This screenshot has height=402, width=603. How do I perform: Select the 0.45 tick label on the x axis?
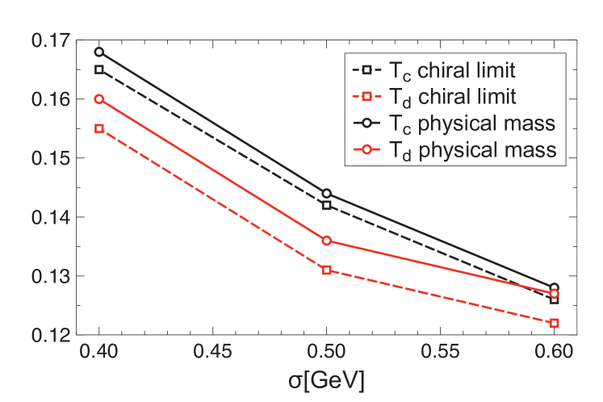(x=212, y=353)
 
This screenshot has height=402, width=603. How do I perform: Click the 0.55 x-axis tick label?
(x=439, y=353)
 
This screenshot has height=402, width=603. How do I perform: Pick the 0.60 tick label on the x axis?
(x=553, y=353)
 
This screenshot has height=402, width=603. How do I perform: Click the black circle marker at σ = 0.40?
(x=99, y=52)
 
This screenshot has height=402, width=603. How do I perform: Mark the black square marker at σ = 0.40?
(x=99, y=69)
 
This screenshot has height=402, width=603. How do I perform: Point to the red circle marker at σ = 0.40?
(x=99, y=99)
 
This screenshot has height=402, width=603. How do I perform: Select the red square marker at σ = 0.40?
(x=99, y=128)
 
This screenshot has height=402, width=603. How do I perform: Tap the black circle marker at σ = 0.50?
(x=326, y=194)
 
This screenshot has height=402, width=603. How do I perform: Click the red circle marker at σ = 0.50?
(x=326, y=241)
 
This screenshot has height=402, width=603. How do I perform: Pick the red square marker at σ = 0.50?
(x=326, y=270)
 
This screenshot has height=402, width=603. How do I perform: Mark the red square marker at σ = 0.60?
(x=554, y=323)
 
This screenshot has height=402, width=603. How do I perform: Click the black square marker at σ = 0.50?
(x=326, y=205)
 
